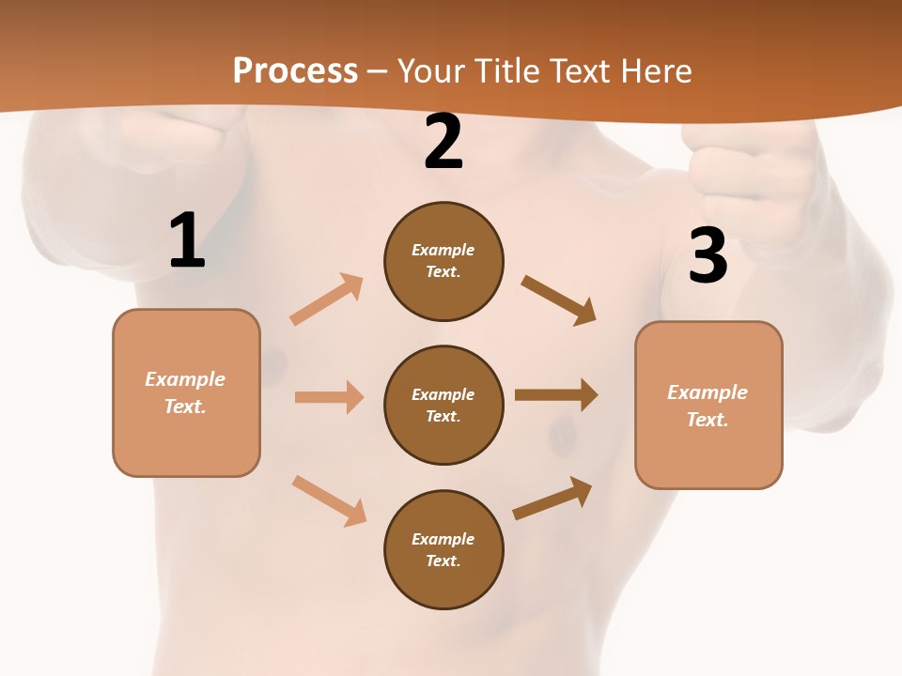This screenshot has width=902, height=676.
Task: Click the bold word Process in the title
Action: [295, 71]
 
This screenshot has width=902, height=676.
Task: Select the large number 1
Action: [187, 241]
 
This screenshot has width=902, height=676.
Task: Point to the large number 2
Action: [443, 142]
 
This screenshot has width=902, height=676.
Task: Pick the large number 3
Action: [708, 256]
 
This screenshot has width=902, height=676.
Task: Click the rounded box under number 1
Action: [186, 392]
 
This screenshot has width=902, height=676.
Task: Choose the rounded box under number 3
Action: [708, 405]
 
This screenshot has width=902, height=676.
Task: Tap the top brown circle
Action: [443, 261]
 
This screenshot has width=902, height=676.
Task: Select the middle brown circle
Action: [443, 405]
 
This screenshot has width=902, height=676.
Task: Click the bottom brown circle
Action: [443, 549]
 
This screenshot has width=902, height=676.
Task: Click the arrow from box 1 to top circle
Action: [327, 300]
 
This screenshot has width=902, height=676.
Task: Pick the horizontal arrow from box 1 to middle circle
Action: [329, 397]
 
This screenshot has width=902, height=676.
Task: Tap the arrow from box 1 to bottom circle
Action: [329, 500]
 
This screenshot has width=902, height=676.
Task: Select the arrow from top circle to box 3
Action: [558, 300]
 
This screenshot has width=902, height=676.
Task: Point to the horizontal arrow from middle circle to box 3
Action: [556, 395]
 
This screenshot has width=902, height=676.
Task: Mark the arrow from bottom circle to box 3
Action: [552, 498]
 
